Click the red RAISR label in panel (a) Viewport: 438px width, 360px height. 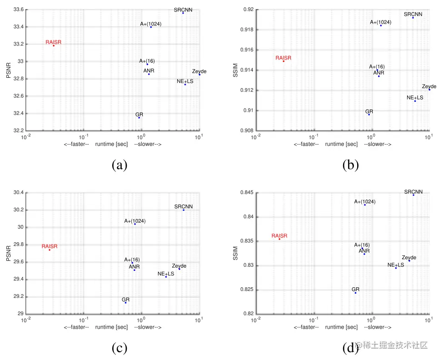(x=53, y=42)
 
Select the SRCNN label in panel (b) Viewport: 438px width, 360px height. (x=413, y=14)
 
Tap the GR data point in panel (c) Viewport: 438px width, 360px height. (x=126, y=303)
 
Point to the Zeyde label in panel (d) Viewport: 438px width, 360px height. (x=409, y=258)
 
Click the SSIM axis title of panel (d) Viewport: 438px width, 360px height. (x=235, y=253)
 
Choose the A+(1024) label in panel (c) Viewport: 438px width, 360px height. (x=135, y=221)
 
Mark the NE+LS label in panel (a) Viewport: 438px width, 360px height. (x=185, y=81)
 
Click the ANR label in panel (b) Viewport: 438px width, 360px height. (x=378, y=72)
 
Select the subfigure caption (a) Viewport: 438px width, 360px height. (x=119, y=165)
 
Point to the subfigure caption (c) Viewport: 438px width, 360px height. (x=119, y=348)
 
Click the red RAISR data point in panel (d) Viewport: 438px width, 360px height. (x=279, y=239)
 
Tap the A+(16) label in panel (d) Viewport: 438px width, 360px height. (x=362, y=245)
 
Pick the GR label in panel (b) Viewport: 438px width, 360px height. (x=369, y=111)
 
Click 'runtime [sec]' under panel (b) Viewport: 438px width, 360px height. (x=342, y=144)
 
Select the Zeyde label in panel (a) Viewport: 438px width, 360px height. (x=199, y=71)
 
